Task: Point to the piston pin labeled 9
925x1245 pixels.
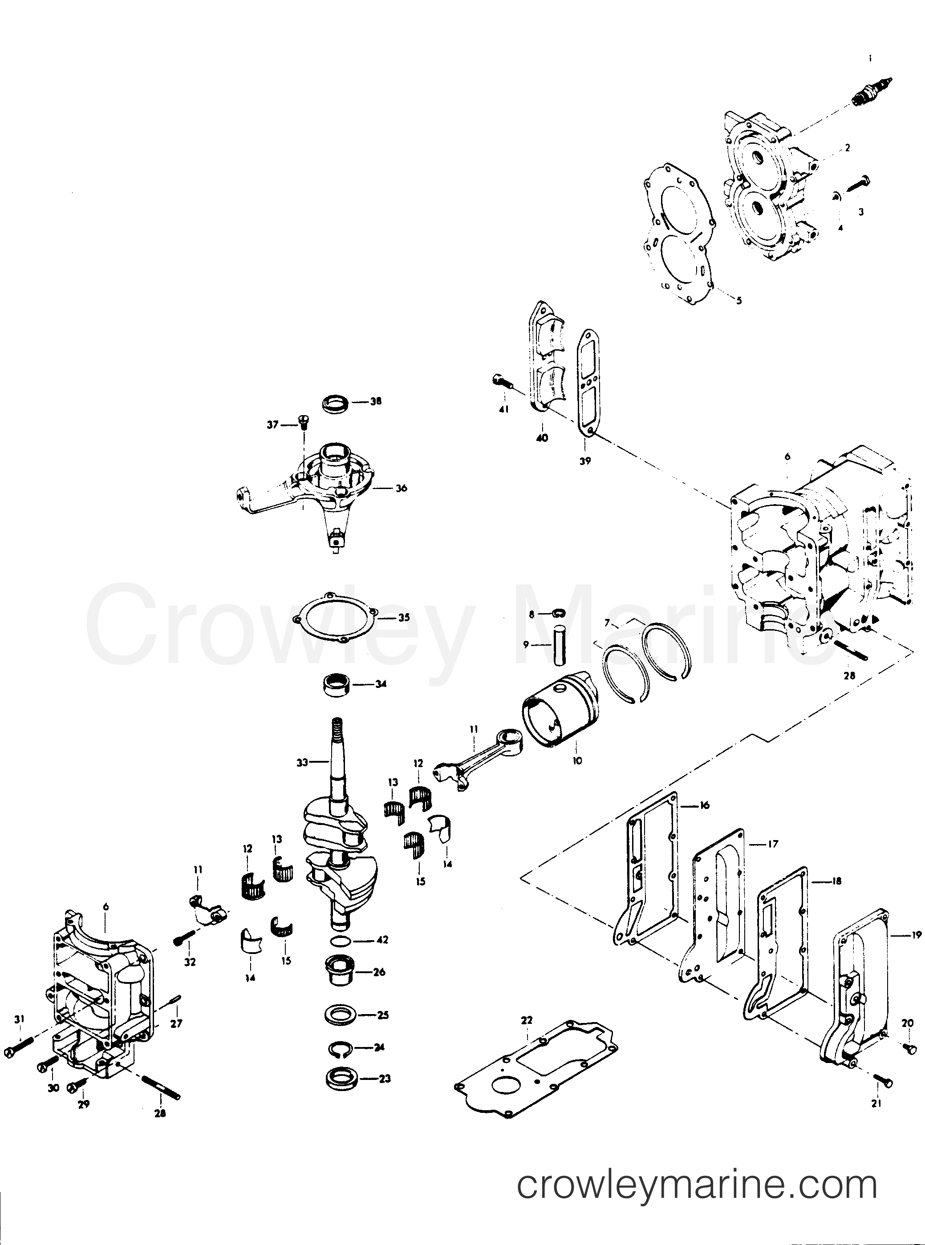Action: coord(558,647)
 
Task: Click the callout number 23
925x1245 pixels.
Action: coord(384,1078)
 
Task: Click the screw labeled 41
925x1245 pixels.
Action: coord(503,382)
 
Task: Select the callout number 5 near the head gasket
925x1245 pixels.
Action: coord(738,300)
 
